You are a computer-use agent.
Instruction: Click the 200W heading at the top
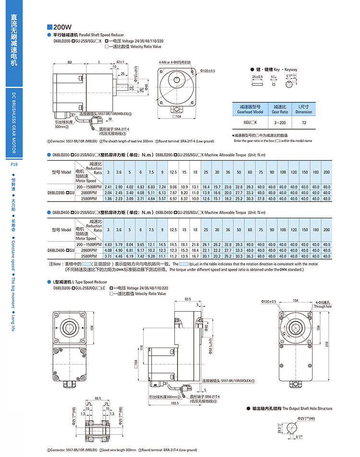click(x=63, y=27)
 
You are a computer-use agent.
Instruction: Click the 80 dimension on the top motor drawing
click(x=70, y=62)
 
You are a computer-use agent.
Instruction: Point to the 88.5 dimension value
click(x=98, y=398)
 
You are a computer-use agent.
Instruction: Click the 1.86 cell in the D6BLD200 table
click(x=108, y=198)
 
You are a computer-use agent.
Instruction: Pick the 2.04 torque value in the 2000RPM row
click(x=108, y=192)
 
